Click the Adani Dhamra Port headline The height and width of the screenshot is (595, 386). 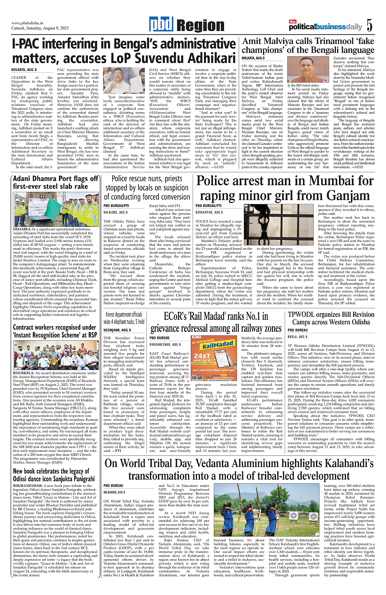pos(55,183)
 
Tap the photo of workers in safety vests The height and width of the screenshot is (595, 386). pos(55,210)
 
